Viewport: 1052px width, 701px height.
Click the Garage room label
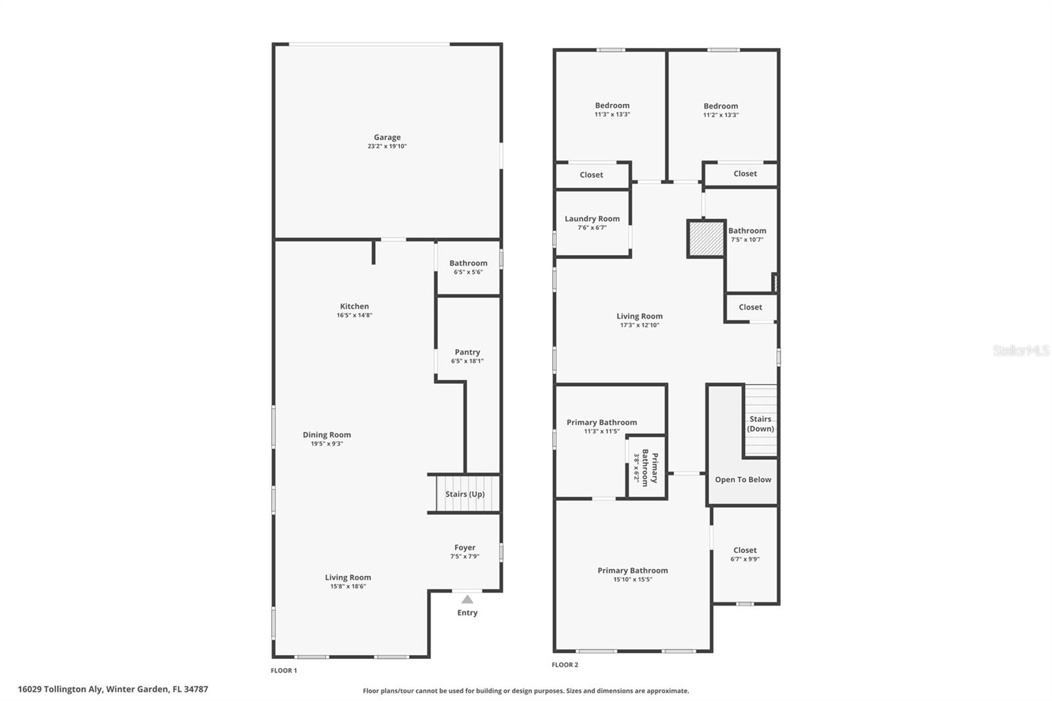[387, 137]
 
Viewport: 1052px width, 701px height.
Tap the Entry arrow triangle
[467, 599]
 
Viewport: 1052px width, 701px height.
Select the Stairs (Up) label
[465, 494]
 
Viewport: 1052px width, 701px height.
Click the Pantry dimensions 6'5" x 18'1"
[467, 361]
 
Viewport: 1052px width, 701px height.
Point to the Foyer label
[464, 547]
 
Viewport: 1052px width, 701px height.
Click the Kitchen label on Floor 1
[354, 306]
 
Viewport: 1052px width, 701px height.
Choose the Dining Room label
[327, 435]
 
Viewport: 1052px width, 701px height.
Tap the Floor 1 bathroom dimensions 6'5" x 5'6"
[468, 272]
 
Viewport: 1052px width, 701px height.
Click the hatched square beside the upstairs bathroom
[706, 239]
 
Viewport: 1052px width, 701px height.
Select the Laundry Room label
[592, 218]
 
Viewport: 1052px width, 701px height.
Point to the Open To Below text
[743, 479]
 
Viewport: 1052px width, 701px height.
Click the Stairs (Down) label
[760, 423]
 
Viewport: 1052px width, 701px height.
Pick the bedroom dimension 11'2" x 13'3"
[721, 115]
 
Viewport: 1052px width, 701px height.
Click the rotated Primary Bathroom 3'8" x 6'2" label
[645, 468]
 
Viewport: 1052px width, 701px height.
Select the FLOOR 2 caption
[565, 665]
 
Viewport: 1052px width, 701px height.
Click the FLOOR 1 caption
[284, 671]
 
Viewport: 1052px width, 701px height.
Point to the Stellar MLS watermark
[1020, 350]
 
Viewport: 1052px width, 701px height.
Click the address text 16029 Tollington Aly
[60, 689]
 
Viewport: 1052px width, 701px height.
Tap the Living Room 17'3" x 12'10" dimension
[639, 325]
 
